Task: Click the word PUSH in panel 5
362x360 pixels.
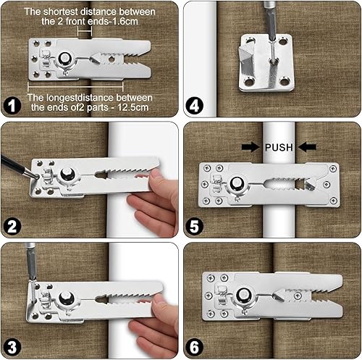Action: [279, 147]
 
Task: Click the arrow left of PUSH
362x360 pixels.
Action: [251, 147]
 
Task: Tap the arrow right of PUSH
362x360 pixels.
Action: [307, 147]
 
